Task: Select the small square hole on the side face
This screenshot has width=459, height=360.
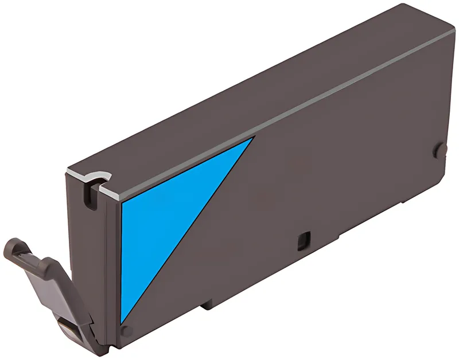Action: pos(303,240)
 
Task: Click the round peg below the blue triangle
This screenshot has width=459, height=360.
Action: pos(127,331)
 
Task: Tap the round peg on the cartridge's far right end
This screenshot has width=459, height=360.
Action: pos(440,151)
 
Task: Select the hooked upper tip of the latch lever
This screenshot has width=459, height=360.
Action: pos(14,248)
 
